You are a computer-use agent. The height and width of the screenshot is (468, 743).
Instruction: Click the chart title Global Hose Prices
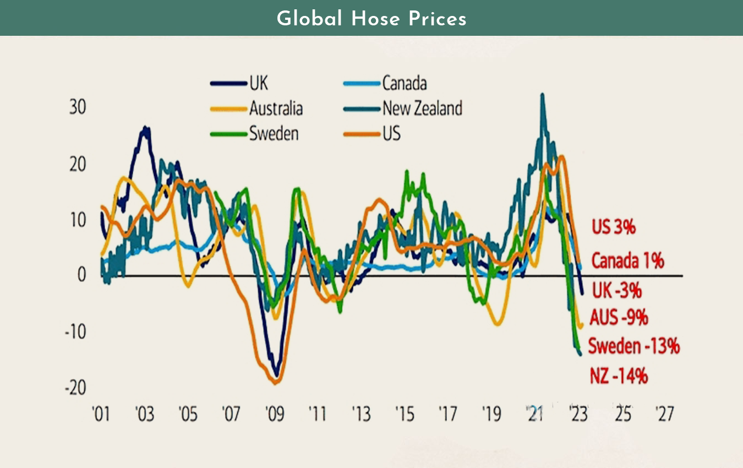[371, 19]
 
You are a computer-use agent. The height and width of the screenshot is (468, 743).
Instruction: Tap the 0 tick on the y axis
[81, 274]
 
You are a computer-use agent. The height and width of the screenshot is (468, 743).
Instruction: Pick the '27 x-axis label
[664, 413]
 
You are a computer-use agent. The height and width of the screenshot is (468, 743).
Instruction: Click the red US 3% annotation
[613, 226]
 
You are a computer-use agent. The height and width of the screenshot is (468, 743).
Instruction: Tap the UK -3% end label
[616, 290]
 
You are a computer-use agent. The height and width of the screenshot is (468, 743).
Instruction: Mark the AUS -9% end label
[619, 318]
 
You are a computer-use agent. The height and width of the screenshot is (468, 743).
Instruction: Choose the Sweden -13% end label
[633, 346]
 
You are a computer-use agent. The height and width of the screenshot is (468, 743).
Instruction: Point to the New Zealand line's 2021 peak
[543, 95]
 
